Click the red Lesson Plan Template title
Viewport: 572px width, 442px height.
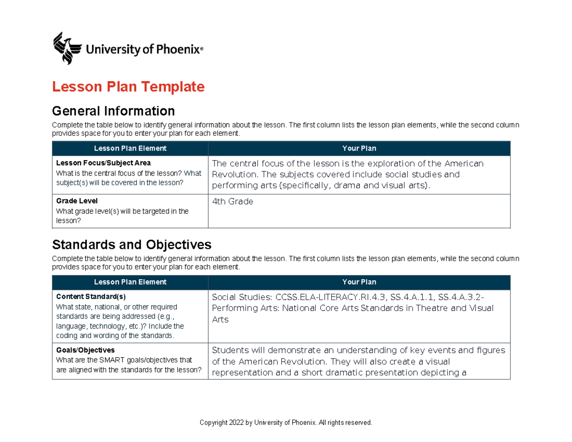128,87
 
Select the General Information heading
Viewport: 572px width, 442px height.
113,111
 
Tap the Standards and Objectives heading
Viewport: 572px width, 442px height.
132,245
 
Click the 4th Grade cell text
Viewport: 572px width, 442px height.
233,202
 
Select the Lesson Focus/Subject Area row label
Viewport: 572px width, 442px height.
103,163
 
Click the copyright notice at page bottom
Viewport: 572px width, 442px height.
286,422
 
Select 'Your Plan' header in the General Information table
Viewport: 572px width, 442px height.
359,148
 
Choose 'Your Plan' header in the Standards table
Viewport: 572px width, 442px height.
359,282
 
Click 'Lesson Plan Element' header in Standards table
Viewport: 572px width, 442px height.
130,282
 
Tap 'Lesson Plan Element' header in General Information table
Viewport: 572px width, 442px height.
130,148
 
